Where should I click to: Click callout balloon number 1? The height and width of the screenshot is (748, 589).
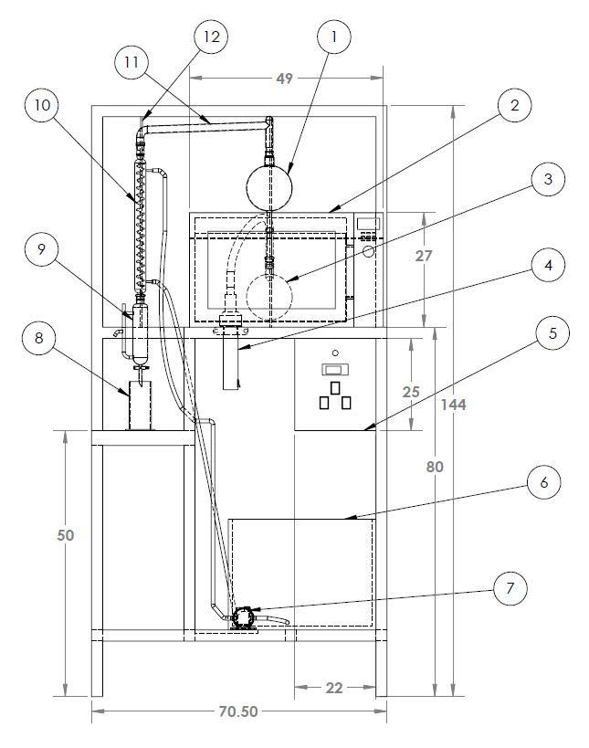[334, 37]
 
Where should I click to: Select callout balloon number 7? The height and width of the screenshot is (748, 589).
[510, 589]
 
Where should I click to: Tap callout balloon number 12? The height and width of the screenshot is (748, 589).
[211, 37]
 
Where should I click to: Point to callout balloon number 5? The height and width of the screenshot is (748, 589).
[552, 333]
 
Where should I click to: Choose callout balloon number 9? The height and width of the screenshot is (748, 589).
[41, 249]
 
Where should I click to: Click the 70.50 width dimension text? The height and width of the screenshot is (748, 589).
[238, 711]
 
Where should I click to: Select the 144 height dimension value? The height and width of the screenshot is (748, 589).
[453, 405]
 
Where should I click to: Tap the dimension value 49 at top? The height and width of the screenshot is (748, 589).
[284, 79]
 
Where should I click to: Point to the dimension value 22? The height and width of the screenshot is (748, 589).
[334, 688]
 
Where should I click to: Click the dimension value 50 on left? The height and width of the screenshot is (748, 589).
[66, 535]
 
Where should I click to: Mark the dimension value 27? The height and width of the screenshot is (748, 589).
[423, 256]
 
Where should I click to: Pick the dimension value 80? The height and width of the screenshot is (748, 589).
[435, 467]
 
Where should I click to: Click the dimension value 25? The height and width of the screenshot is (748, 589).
[411, 392]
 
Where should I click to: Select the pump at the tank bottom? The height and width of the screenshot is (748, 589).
[242, 617]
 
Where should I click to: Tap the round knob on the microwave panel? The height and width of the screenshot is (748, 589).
[368, 251]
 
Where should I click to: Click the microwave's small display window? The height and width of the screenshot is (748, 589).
[368, 223]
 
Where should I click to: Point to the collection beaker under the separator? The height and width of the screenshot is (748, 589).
[140, 405]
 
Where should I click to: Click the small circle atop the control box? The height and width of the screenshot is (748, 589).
[335, 353]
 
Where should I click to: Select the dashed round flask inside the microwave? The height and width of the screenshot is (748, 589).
[269, 297]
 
